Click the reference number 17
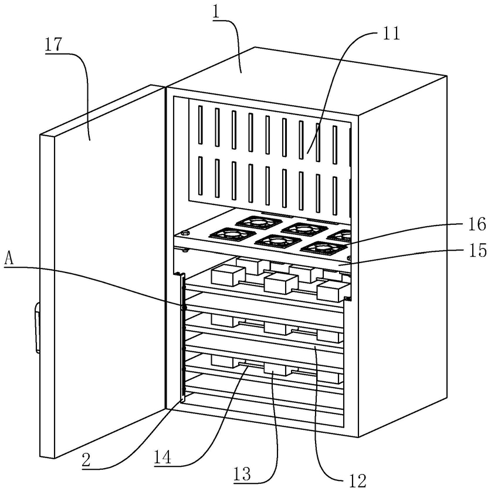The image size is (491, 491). point(53,44)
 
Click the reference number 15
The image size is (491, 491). point(478,251)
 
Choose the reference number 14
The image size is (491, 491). point(162,457)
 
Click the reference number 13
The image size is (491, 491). point(242,474)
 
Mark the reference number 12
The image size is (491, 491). point(357,480)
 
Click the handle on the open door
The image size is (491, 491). point(38,328)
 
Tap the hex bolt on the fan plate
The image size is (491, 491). point(185,233)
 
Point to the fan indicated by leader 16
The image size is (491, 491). point(324,248)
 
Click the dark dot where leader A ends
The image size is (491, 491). point(184,308)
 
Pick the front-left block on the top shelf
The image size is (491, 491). point(228,275)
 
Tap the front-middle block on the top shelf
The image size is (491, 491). point(281,283)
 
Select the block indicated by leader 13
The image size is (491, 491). point(275,369)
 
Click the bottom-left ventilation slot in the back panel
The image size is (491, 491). point(201,175)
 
